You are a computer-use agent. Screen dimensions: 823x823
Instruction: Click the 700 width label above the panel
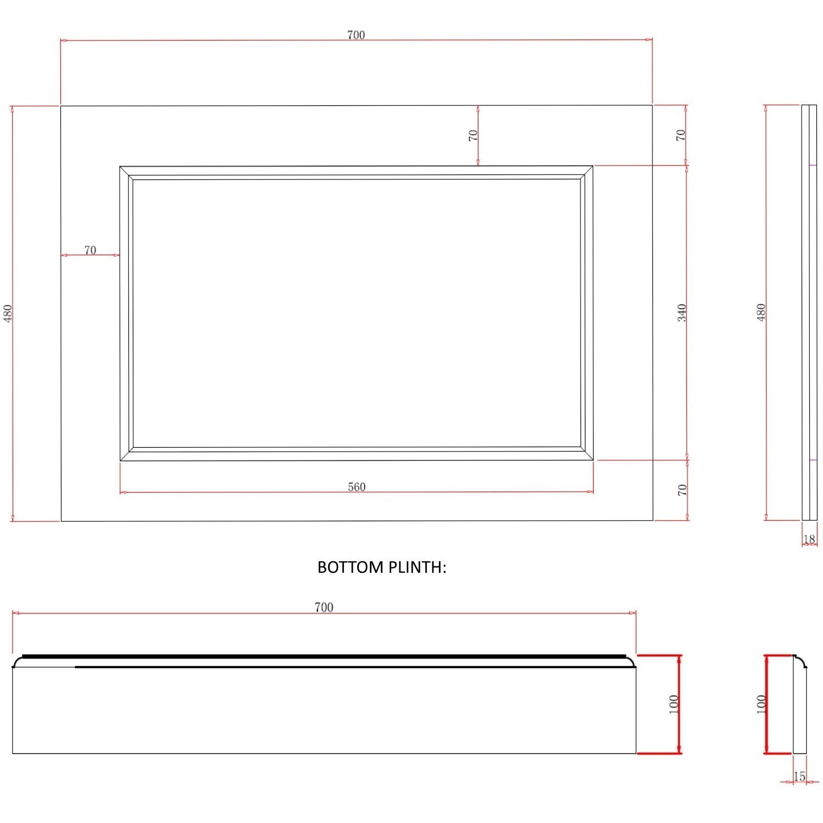point(356,35)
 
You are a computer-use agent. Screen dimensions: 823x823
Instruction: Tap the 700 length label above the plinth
point(324,607)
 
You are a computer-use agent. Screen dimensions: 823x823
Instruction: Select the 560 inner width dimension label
point(356,487)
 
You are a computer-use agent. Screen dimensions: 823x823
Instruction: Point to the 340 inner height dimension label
point(681,313)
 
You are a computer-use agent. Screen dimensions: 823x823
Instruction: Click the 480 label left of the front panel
point(8,313)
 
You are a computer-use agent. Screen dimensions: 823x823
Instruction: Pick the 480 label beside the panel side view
point(760,313)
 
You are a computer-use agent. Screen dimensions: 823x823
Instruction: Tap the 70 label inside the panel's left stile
point(90,250)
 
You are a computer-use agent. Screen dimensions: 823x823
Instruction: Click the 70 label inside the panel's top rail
point(473,135)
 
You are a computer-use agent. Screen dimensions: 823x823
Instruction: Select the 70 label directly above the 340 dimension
point(680,135)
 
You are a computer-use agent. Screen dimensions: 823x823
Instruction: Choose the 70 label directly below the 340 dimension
point(682,490)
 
